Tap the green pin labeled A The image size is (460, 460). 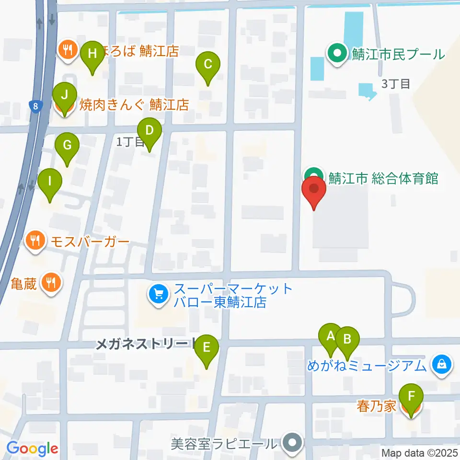[331, 336]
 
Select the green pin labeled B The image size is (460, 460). [347, 340]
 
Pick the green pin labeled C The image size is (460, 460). [208, 64]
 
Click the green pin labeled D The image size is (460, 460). [149, 130]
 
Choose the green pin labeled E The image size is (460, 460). [207, 347]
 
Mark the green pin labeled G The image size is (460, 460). [67, 145]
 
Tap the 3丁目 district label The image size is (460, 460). [396, 84]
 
